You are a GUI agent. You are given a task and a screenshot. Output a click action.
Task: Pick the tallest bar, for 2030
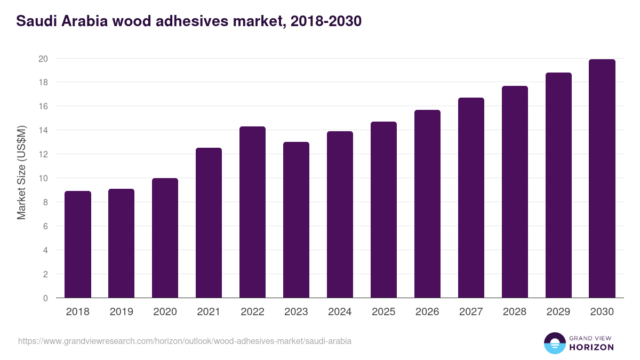pos(602,179)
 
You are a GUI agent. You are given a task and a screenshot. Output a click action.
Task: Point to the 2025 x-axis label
pos(383,312)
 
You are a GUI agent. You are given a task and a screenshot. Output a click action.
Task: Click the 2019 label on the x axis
pos(121,312)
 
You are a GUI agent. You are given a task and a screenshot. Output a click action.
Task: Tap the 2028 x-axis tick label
pos(515,312)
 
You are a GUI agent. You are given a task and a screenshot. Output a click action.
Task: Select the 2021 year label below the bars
pos(209,312)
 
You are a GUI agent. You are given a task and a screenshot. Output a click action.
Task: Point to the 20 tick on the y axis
pos(43,59)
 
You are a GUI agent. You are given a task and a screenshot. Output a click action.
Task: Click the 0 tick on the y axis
pos(45,298)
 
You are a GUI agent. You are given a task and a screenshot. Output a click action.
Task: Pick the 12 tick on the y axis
pos(43,154)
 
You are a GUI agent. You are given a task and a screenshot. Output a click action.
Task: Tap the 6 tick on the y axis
pos(45,226)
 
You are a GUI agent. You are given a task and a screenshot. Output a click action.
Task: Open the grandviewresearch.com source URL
pos(185,341)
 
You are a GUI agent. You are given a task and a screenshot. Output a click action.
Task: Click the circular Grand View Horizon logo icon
pos(554,343)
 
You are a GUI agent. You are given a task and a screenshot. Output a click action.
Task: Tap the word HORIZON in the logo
pos(591,347)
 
